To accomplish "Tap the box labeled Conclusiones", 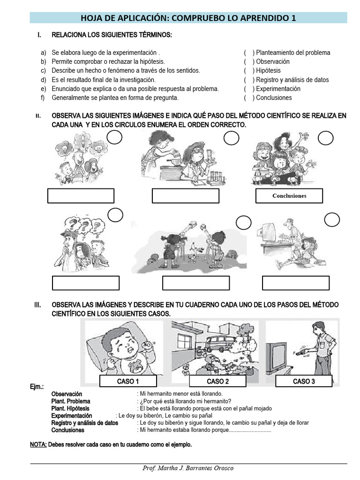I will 289,196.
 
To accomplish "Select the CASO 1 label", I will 127,381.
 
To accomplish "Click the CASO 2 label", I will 217,381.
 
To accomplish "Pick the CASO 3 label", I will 303,381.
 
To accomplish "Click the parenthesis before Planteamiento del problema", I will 249,52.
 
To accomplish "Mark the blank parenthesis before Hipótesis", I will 249,71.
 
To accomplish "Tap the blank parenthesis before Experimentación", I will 249,89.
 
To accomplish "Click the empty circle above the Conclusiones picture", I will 325,138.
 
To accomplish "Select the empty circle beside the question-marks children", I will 115,215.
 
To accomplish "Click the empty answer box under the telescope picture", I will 195,283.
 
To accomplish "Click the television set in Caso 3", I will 282,356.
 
